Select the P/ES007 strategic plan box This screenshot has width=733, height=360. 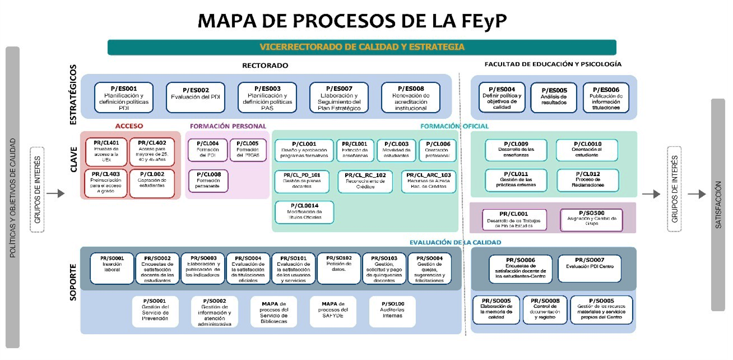pyautogui.click(x=338, y=97)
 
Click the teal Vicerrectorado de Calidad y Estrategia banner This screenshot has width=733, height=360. pyautogui.click(x=361, y=47)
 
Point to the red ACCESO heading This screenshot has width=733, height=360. pyautogui.click(x=130, y=126)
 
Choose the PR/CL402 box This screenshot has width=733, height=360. pyautogui.click(x=152, y=151)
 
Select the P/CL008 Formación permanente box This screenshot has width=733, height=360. pyautogui.click(x=208, y=181)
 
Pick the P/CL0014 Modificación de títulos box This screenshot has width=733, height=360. pyautogui.click(x=304, y=212)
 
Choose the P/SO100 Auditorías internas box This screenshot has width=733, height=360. pyautogui.click(x=395, y=311)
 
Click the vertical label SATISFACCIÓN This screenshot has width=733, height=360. pyautogui.click(x=718, y=205)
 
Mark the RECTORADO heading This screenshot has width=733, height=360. pyautogui.click(x=265, y=65)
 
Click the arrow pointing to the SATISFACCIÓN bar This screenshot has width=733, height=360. pyautogui.click(x=697, y=194)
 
